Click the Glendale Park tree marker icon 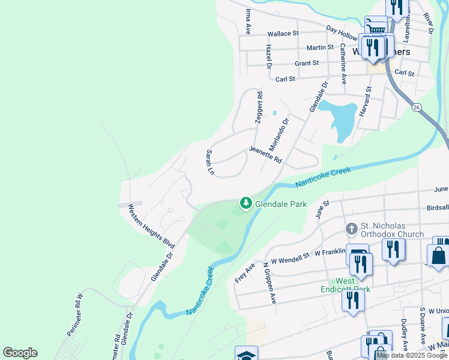coord(246,204)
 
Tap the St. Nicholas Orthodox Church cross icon coord(352,229)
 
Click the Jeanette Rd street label coord(265,155)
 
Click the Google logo coord(20,353)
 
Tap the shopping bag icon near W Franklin coord(438,256)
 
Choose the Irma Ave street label coord(247,21)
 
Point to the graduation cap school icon coord(246,355)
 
